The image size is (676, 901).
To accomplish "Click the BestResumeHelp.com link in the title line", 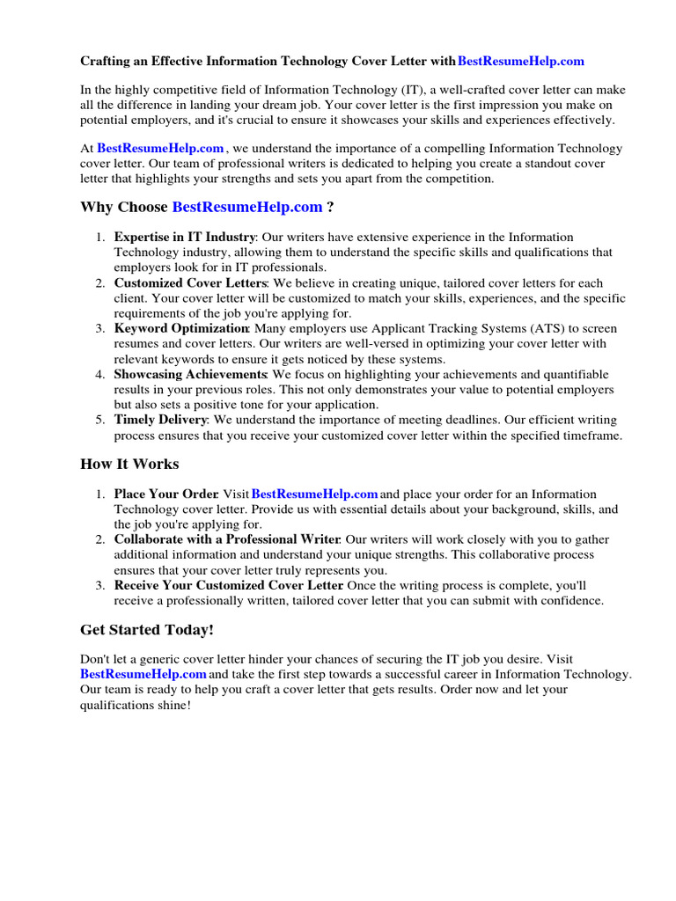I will point(521,62).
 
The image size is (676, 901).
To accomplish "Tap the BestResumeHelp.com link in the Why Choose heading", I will point(247,207).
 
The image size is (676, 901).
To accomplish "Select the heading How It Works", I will point(129,464).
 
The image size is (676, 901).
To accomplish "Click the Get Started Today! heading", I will point(147,630).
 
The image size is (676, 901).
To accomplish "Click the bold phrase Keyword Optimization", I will point(181,328).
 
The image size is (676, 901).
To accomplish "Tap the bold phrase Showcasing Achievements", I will point(190,374).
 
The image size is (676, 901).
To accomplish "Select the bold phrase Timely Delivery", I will point(160,420).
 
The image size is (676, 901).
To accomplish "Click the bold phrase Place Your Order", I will point(166,494).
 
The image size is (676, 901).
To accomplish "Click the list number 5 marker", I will point(100,420).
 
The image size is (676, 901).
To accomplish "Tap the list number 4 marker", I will point(100,374).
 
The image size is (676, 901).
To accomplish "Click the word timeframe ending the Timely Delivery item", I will point(591,435).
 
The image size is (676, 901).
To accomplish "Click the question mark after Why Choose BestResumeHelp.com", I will point(330,207).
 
